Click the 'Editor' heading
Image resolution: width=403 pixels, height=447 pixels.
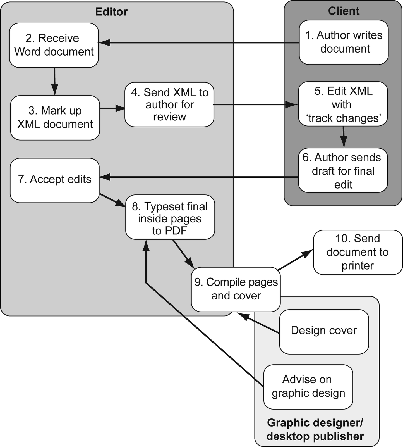click(x=111, y=12)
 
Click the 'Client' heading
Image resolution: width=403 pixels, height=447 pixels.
click(x=344, y=11)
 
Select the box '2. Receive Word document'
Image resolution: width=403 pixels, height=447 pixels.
click(x=54, y=45)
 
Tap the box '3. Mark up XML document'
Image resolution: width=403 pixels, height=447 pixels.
click(x=55, y=118)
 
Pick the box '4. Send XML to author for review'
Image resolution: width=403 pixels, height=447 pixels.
click(x=169, y=104)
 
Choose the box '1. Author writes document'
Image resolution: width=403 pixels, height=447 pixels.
click(x=344, y=42)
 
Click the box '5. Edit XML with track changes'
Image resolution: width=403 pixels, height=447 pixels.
click(x=343, y=104)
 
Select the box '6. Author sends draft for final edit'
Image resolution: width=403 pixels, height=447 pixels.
click(x=343, y=170)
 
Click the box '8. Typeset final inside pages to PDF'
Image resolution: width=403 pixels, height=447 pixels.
click(x=170, y=217)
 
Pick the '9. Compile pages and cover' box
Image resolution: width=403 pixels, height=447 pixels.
click(x=236, y=289)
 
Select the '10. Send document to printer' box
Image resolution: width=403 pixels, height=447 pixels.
click(x=358, y=252)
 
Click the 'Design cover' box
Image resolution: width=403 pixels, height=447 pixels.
click(x=324, y=331)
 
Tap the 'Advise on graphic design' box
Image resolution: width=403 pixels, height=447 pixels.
click(x=308, y=387)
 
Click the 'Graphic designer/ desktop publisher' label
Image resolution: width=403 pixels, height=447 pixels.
click(x=315, y=429)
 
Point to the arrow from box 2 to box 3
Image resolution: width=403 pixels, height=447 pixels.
click(x=54, y=81)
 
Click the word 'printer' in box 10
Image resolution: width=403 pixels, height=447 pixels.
click(x=358, y=266)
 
